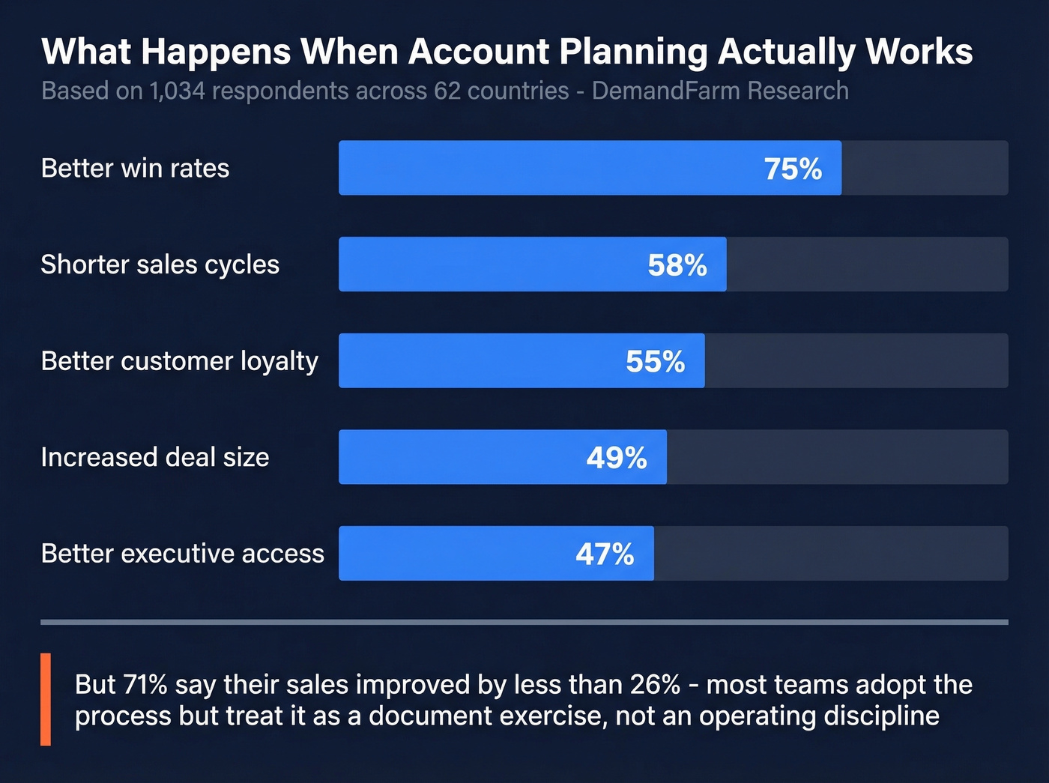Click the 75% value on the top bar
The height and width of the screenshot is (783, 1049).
coord(793,169)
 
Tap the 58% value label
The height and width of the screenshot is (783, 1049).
coord(677,265)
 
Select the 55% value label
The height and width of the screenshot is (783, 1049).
coord(656,361)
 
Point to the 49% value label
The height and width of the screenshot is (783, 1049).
coord(617,458)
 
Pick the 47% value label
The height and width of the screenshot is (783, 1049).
coord(605,554)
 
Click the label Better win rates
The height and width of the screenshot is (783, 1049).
coord(135,169)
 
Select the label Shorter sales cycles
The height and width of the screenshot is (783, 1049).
coord(160,264)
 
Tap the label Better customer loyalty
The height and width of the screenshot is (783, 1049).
coord(179,361)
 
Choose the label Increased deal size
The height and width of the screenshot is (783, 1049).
coord(154,457)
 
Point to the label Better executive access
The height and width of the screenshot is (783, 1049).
coord(182,554)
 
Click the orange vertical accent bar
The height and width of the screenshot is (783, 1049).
coord(46,699)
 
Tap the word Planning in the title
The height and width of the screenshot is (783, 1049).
coord(632,52)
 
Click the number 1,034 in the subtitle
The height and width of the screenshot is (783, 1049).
coord(177,91)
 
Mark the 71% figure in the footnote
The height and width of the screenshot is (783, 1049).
coord(145,684)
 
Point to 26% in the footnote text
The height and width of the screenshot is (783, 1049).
coord(655,684)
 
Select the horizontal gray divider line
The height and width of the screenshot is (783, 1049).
coord(524,622)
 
